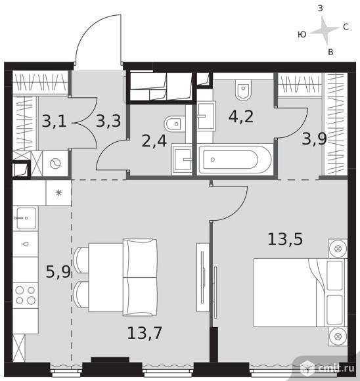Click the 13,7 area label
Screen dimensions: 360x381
pyautogui.click(x=145, y=333)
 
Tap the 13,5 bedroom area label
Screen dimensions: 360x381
pyautogui.click(x=285, y=239)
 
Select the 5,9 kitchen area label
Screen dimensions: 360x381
pyautogui.click(x=58, y=272)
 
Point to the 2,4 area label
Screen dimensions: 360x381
pyautogui.click(x=154, y=141)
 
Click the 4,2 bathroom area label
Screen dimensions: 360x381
pyautogui.click(x=241, y=116)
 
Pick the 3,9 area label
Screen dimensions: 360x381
pyautogui.click(x=314, y=139)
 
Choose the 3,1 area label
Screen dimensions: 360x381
pyautogui.click(x=54, y=122)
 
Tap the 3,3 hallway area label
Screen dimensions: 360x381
pyautogui.click(x=108, y=122)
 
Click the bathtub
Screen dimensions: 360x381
pyautogui.click(x=235, y=160)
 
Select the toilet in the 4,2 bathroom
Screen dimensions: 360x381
pyautogui.click(x=243, y=89)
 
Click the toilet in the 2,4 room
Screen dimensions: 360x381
pyautogui.click(x=175, y=124)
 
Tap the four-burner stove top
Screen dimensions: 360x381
pyautogui.click(x=25, y=296)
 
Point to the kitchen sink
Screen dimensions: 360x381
pyautogui.click(x=26, y=218)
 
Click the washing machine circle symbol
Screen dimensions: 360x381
pyautogui.click(x=55, y=164)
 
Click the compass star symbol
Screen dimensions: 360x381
pyautogui.click(x=325, y=31)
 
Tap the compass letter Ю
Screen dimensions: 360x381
pyautogui.click(x=302, y=35)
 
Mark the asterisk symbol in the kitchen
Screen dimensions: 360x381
pyautogui.click(x=59, y=193)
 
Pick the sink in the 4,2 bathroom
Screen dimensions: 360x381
pyautogui.click(x=206, y=116)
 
